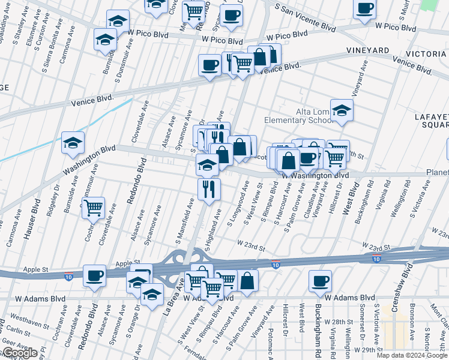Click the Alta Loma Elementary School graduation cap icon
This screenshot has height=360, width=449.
pos(342,111)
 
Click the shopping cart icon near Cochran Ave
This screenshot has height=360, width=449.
pos(93,208)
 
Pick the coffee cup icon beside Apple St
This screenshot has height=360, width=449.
pos(95,277)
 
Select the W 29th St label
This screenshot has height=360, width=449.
pos(369,349)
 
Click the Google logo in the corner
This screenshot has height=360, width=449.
pos(19,353)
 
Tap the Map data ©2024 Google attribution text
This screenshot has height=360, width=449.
pos(412,355)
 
